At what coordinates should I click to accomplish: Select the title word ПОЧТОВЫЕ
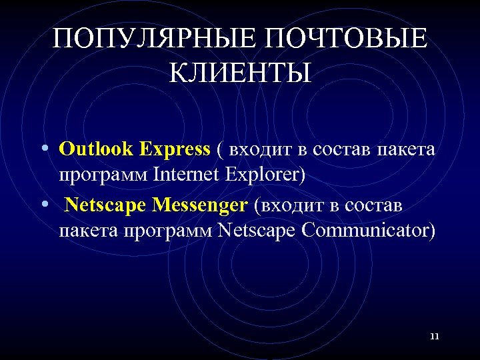[346, 39]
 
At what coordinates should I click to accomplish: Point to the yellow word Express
[175, 149]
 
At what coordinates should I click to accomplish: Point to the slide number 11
[435, 337]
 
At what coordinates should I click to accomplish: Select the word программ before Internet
[103, 176]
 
